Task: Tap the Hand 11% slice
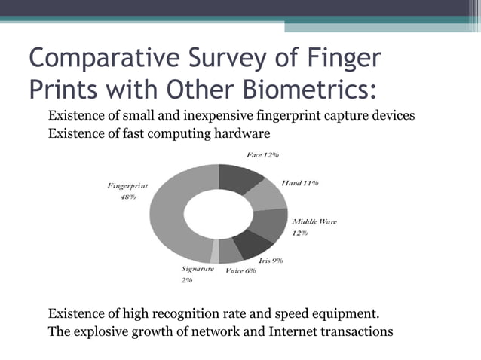[267, 196]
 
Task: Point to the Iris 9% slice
[253, 246]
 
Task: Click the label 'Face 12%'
[262, 154]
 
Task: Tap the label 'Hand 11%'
[300, 183]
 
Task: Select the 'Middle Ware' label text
[314, 221]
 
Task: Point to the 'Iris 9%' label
[271, 260]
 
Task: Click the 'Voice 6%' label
[241, 271]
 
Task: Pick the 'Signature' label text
[198, 268]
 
